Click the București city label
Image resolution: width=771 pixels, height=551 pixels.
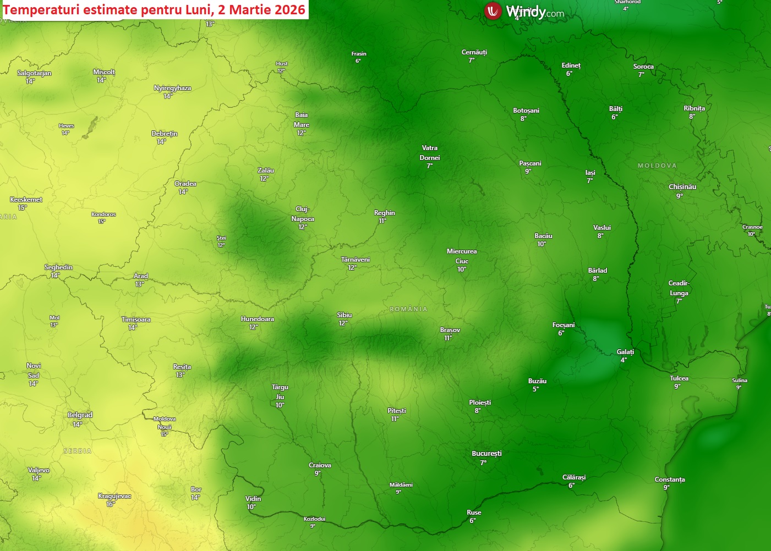tap(486, 454)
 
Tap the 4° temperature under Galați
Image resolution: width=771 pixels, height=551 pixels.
tap(624, 360)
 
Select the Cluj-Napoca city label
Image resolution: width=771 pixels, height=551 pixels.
tap(303, 214)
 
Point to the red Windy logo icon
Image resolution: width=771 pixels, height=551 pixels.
tap(492, 10)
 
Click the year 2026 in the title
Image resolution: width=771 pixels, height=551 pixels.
tap(290, 9)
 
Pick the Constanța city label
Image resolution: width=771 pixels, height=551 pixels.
tap(669, 480)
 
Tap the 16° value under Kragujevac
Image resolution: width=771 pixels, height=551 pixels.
tap(111, 504)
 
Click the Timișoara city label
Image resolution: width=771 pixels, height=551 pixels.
tap(136, 319)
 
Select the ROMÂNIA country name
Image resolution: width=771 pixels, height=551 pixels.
tap(408, 309)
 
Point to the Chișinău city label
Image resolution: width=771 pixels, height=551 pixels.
tap(682, 187)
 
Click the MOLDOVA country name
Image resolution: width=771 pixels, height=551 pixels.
tap(657, 166)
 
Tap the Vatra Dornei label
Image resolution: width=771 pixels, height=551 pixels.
tap(430, 153)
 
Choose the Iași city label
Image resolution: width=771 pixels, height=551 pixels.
tap(590, 173)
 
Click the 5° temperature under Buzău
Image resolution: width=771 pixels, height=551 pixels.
tap(535, 389)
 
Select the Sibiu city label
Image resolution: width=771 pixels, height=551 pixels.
tap(345, 315)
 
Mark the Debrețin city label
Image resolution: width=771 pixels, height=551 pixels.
tap(165, 134)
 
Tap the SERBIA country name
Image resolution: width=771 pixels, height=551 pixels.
tap(78, 451)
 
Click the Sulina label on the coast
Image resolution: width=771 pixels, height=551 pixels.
tap(740, 381)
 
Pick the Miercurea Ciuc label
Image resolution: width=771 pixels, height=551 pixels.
tap(462, 256)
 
